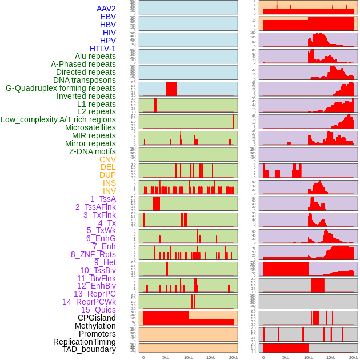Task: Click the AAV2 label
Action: coord(106,9)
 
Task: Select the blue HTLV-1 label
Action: coord(103,49)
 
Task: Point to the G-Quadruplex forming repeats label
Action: coord(61,88)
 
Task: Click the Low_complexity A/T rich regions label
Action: coord(58,119)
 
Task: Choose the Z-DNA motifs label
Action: coord(93,151)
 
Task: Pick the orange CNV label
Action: coord(107,159)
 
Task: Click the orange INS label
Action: coord(109,183)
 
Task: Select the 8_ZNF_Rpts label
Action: coord(93,254)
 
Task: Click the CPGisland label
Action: coord(97,318)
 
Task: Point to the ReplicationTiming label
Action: coord(85,342)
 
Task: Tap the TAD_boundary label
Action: coord(89,349)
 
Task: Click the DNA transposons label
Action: coord(85,80)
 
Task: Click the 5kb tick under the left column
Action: coord(166,357)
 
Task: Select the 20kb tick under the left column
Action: coord(233,357)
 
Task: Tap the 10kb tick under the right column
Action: coord(309,357)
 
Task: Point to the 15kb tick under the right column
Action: coord(331,357)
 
